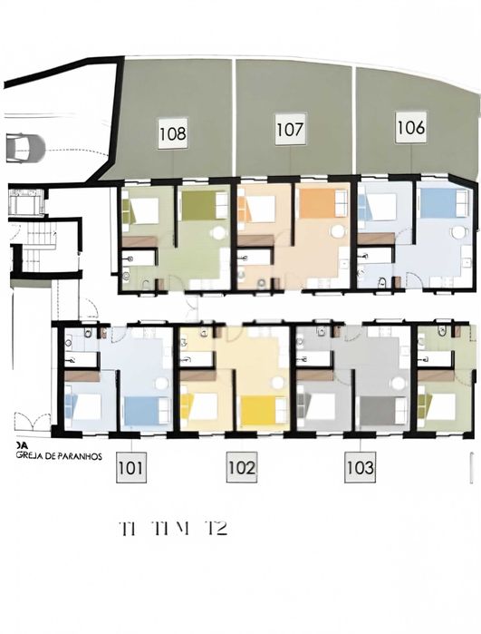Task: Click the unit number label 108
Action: pyautogui.click(x=172, y=133)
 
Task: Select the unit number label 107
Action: pyautogui.click(x=290, y=129)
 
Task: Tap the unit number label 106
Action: pyautogui.click(x=410, y=128)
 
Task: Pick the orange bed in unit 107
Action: pyautogui.click(x=317, y=203)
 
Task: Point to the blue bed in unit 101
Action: pyautogui.click(x=146, y=410)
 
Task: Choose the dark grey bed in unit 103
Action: pyautogui.click(x=381, y=410)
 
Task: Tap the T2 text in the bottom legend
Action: pyautogui.click(x=215, y=529)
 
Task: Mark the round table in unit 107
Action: pyautogui.click(x=337, y=232)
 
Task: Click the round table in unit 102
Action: pyautogui.click(x=276, y=382)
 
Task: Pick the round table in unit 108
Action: pyautogui.click(x=218, y=232)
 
